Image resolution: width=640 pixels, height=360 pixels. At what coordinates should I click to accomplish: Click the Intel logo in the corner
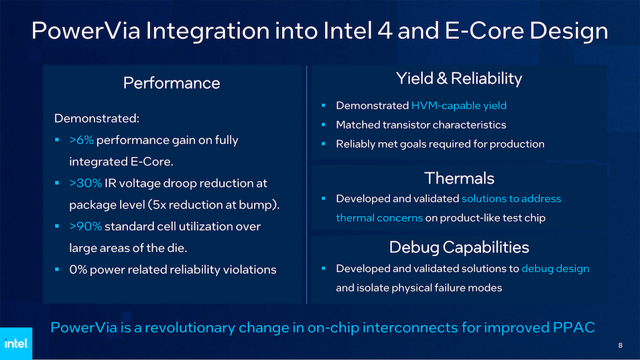pyautogui.click(x=16, y=343)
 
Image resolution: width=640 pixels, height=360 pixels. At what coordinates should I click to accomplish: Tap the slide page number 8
pyautogui.click(x=620, y=345)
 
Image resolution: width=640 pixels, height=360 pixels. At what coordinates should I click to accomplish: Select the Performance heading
pyautogui.click(x=172, y=83)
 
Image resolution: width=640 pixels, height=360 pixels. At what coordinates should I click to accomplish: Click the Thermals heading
pyautogui.click(x=459, y=178)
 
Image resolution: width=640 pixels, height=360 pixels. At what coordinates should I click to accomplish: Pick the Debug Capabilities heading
pyautogui.click(x=459, y=247)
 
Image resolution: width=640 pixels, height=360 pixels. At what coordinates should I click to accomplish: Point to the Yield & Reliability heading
pyautogui.click(x=459, y=78)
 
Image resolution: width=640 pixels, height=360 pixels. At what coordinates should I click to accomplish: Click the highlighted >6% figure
pyautogui.click(x=82, y=140)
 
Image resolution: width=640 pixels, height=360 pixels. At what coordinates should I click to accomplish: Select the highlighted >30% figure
pyautogui.click(x=86, y=183)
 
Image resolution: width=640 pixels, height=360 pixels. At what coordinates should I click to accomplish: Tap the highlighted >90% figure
pyautogui.click(x=86, y=226)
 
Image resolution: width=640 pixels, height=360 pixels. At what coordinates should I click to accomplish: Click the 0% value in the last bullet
pyautogui.click(x=78, y=269)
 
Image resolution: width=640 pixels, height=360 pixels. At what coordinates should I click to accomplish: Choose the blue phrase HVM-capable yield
pyautogui.click(x=459, y=106)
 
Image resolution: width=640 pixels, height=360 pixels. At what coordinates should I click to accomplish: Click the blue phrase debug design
pyautogui.click(x=555, y=269)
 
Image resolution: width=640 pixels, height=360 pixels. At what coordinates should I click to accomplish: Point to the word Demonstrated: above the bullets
pyautogui.click(x=97, y=119)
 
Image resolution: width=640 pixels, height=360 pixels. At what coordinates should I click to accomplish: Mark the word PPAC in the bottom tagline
pyautogui.click(x=574, y=327)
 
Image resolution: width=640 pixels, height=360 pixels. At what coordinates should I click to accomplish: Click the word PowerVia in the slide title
pyautogui.click(x=86, y=31)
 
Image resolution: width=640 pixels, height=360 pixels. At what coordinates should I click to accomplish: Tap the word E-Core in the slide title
pyautogui.click(x=484, y=31)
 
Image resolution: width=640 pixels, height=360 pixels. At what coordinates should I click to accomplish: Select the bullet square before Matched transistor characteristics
pyautogui.click(x=323, y=125)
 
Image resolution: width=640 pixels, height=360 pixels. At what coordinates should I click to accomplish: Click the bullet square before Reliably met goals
pyautogui.click(x=323, y=143)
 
